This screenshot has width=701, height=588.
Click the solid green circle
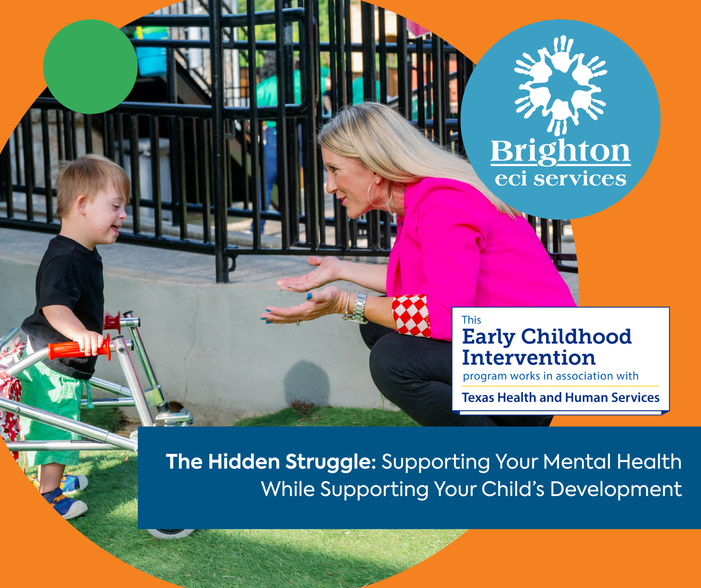[90, 67]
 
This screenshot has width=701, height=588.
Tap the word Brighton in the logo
[560, 152]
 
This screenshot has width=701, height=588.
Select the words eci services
[560, 179]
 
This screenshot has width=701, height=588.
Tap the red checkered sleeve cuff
[411, 315]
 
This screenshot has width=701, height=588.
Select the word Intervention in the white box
[529, 358]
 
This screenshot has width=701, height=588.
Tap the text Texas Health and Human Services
[561, 397]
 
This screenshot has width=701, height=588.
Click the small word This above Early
[471, 320]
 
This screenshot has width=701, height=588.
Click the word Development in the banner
[616, 489]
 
